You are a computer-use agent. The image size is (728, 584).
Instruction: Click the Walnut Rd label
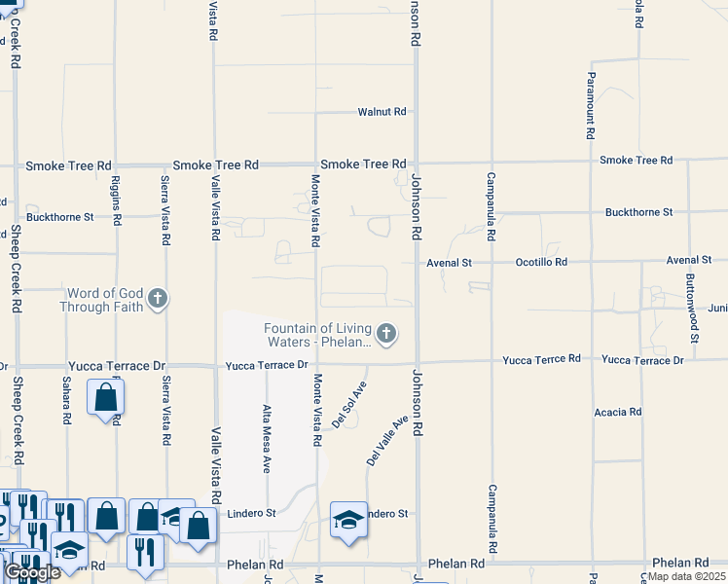tap(381, 112)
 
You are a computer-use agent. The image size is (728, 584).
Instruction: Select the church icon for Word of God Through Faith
tap(158, 299)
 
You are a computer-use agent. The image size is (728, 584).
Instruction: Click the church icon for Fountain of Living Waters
tap(386, 335)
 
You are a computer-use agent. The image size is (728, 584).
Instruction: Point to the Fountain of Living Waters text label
tap(318, 335)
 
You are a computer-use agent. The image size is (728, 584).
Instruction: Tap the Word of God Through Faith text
tap(101, 300)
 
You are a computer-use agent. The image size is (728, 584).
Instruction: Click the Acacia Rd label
tap(618, 413)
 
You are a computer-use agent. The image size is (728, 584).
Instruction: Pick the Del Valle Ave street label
tap(386, 439)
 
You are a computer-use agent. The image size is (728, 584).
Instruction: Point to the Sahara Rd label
tap(67, 401)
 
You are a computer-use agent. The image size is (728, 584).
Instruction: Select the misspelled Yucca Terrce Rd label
tap(541, 359)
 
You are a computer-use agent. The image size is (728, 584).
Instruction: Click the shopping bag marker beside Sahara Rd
tap(105, 398)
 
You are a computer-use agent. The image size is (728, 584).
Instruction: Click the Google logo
tap(32, 572)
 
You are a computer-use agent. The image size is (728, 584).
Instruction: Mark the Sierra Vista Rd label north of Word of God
tap(166, 208)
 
